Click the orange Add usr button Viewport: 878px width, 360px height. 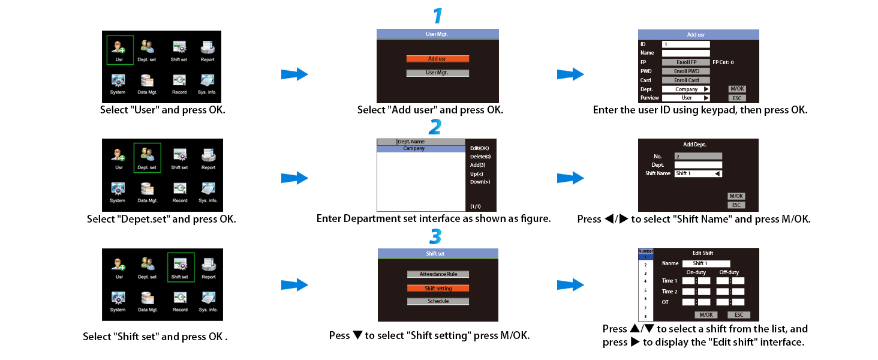click(x=437, y=59)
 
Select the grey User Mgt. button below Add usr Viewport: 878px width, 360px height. click(x=437, y=73)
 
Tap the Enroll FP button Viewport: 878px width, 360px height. click(x=685, y=62)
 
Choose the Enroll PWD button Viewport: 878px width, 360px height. click(x=685, y=71)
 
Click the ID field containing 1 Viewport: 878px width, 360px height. click(x=685, y=44)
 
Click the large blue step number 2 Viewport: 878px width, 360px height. click(x=436, y=127)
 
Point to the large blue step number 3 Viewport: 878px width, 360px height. click(x=436, y=236)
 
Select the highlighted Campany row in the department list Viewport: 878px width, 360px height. click(x=420, y=148)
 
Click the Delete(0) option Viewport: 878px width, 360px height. click(x=480, y=157)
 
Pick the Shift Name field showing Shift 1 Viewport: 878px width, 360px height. click(x=697, y=173)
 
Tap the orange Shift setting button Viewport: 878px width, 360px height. click(x=438, y=288)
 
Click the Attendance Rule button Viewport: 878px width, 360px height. click(x=438, y=274)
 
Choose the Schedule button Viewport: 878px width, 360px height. click(x=438, y=301)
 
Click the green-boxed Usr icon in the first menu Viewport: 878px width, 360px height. click(x=119, y=49)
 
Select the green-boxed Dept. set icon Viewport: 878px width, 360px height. click(x=148, y=158)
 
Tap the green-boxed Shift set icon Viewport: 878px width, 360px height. click(x=179, y=267)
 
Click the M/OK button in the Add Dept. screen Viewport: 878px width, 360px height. click(x=736, y=196)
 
